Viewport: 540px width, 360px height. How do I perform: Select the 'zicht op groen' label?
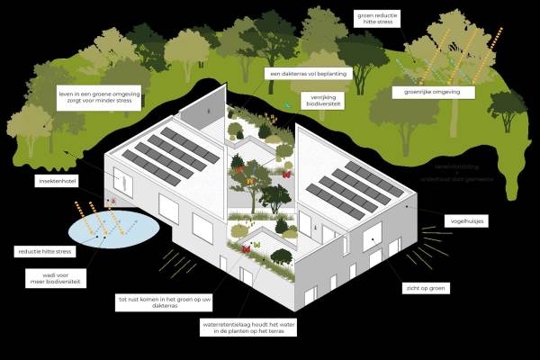tap(427, 288)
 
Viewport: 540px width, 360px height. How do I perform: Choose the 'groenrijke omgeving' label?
tap(424, 92)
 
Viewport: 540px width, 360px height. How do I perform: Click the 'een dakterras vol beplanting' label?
tap(301, 74)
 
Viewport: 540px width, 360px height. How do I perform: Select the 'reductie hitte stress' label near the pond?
tap(44, 251)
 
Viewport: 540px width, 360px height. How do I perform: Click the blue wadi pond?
tap(112, 229)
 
